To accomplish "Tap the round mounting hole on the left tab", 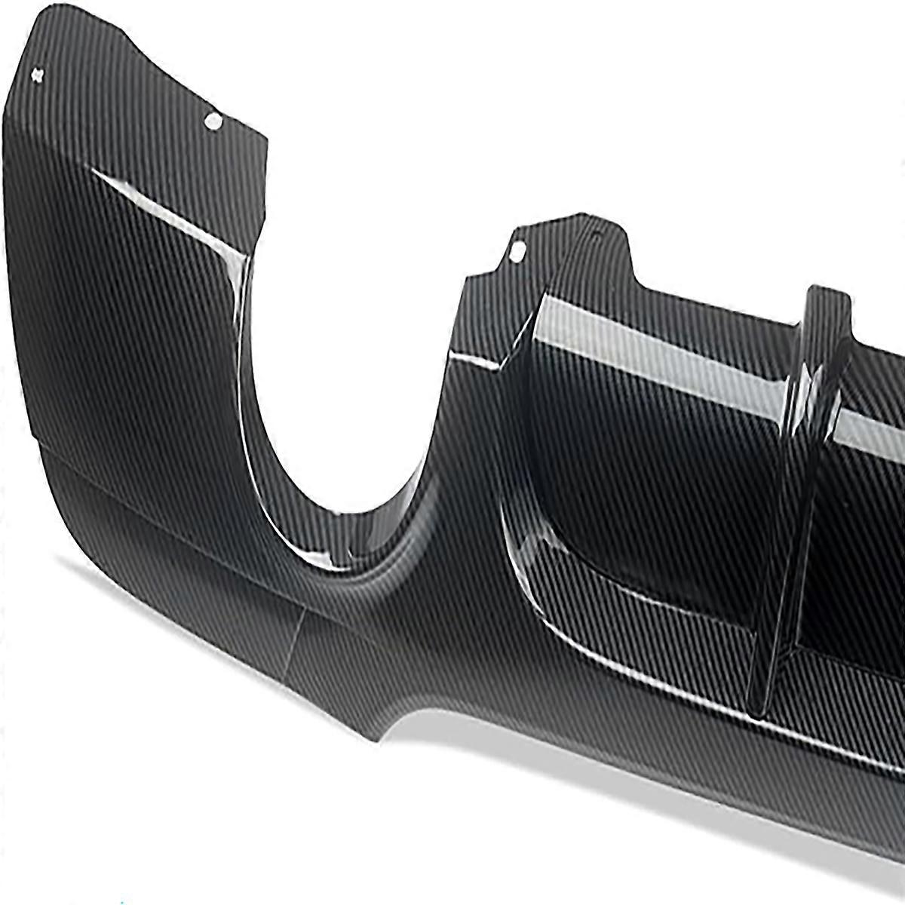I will (213, 121).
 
